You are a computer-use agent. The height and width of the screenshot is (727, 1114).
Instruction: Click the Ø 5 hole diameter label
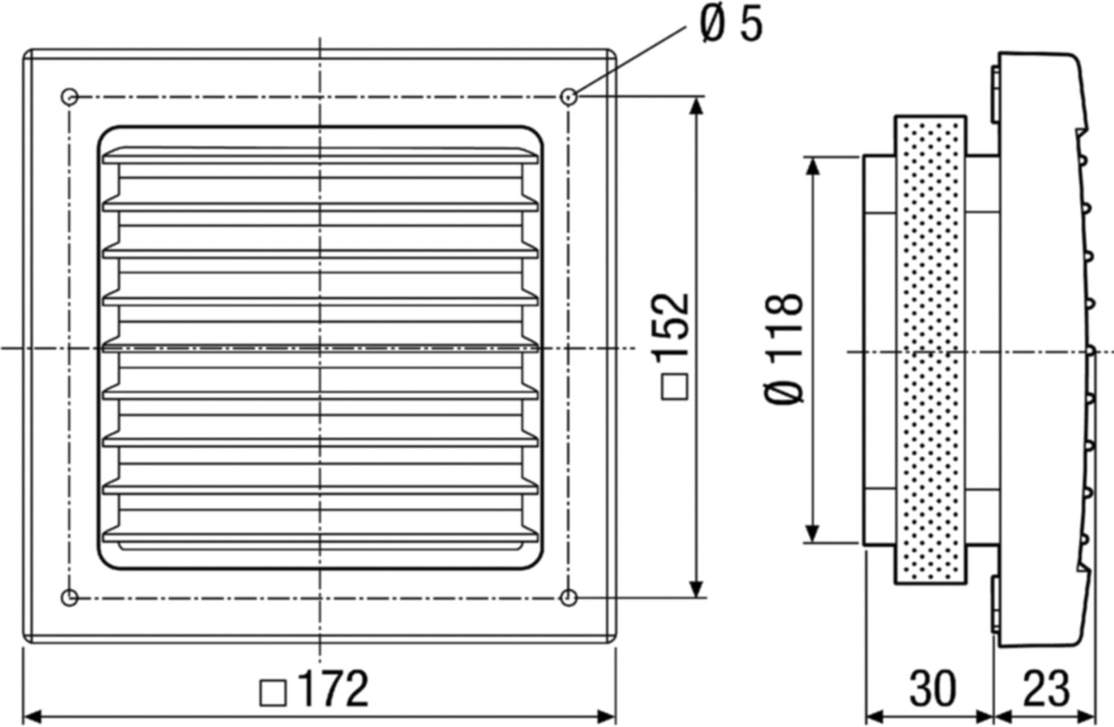click(x=732, y=25)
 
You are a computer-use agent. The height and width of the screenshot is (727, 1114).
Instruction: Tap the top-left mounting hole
click(x=70, y=97)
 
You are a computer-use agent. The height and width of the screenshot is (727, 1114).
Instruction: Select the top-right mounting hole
click(x=569, y=97)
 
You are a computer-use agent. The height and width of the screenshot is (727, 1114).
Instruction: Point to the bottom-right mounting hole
click(x=568, y=598)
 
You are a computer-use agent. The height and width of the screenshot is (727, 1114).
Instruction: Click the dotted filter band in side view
click(x=930, y=350)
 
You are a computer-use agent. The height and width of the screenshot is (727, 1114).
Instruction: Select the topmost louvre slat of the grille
click(x=320, y=156)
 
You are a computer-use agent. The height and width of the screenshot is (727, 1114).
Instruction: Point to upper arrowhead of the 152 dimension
click(x=697, y=107)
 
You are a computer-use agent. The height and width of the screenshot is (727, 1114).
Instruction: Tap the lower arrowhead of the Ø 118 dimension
click(x=813, y=534)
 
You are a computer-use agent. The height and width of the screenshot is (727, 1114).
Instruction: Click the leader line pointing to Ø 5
click(x=631, y=59)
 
